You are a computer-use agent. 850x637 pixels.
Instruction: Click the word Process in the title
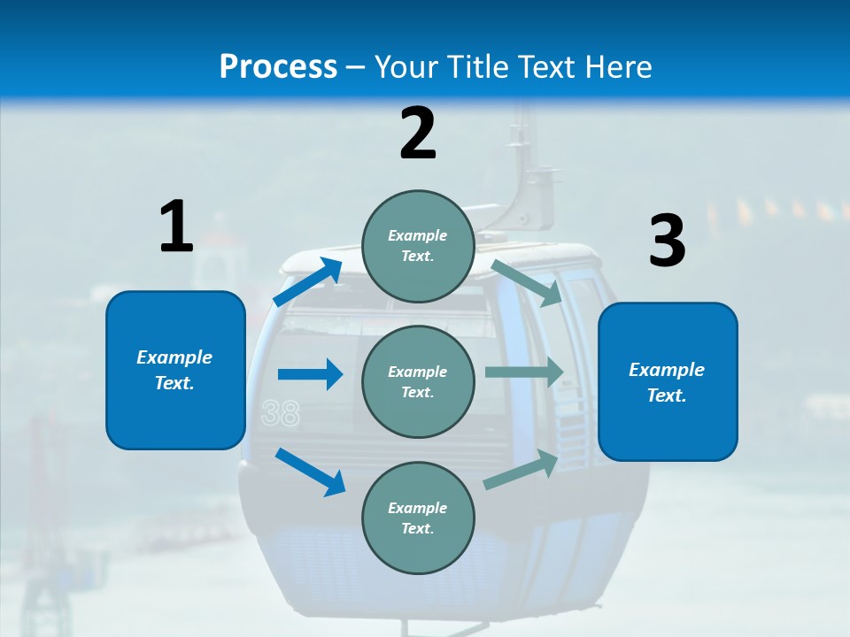278,66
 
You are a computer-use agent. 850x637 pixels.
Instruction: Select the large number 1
177,226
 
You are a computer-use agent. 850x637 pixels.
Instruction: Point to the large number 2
417,133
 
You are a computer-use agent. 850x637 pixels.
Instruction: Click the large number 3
668,240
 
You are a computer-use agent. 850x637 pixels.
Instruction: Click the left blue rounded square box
175,370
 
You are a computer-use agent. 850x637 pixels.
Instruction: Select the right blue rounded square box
668,382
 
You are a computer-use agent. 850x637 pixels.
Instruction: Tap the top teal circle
418,246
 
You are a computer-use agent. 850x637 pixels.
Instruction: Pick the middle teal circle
418,382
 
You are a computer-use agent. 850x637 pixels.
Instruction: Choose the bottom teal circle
418,518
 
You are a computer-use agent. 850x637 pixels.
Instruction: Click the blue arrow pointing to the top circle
308,281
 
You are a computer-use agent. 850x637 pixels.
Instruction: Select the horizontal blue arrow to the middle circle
310,374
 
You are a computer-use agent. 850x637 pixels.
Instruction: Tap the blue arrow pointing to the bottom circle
310,472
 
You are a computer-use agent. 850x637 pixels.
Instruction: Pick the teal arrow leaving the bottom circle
521,469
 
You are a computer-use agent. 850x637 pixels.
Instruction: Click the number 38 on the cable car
281,413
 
